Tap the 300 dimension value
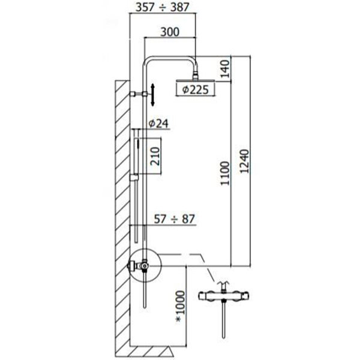tap(170, 32)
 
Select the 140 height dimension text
tap(225, 68)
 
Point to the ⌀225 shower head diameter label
tap(195, 89)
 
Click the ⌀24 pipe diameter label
tap(158, 124)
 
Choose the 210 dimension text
tap(155, 156)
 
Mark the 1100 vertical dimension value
tap(225, 173)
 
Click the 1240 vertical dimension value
tap(244, 161)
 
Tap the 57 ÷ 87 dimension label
tap(174, 219)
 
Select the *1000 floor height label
tap(180, 307)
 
